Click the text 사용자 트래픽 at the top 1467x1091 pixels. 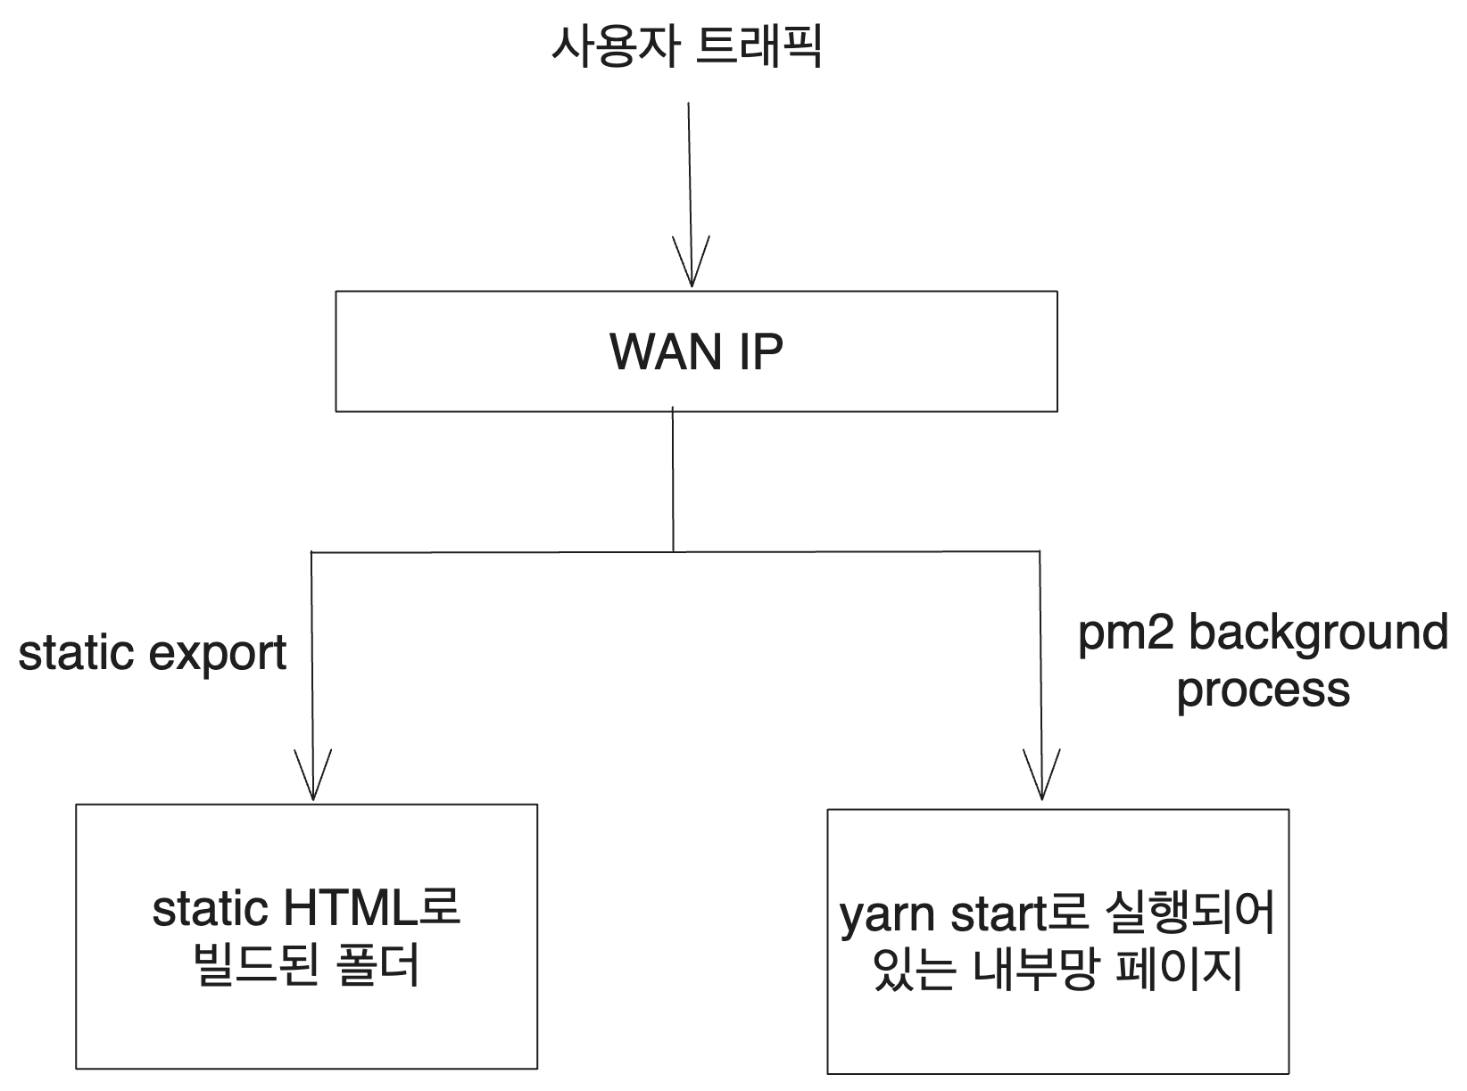(x=686, y=47)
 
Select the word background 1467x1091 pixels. (x=1318, y=633)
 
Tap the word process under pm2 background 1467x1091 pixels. (x=1263, y=690)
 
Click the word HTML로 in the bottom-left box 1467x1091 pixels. (x=370, y=909)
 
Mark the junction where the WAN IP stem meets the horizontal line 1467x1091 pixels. (x=673, y=552)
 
